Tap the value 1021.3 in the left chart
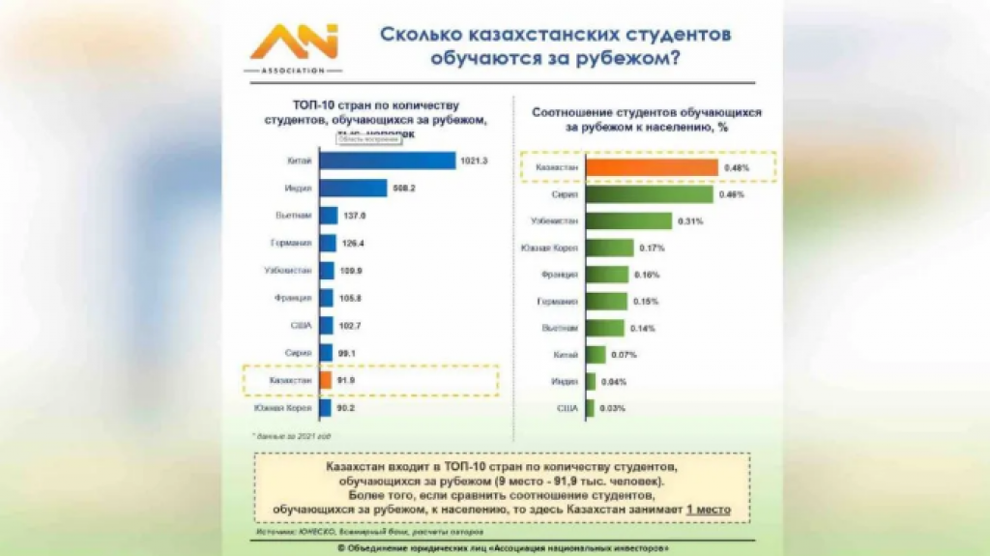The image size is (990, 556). [473, 161]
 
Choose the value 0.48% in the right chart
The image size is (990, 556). [735, 167]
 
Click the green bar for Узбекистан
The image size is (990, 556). [627, 221]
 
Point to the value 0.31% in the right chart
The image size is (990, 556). [691, 221]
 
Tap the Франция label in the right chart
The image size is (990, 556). [560, 275]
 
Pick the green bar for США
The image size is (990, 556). [590, 407]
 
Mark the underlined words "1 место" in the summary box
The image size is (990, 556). [709, 509]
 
